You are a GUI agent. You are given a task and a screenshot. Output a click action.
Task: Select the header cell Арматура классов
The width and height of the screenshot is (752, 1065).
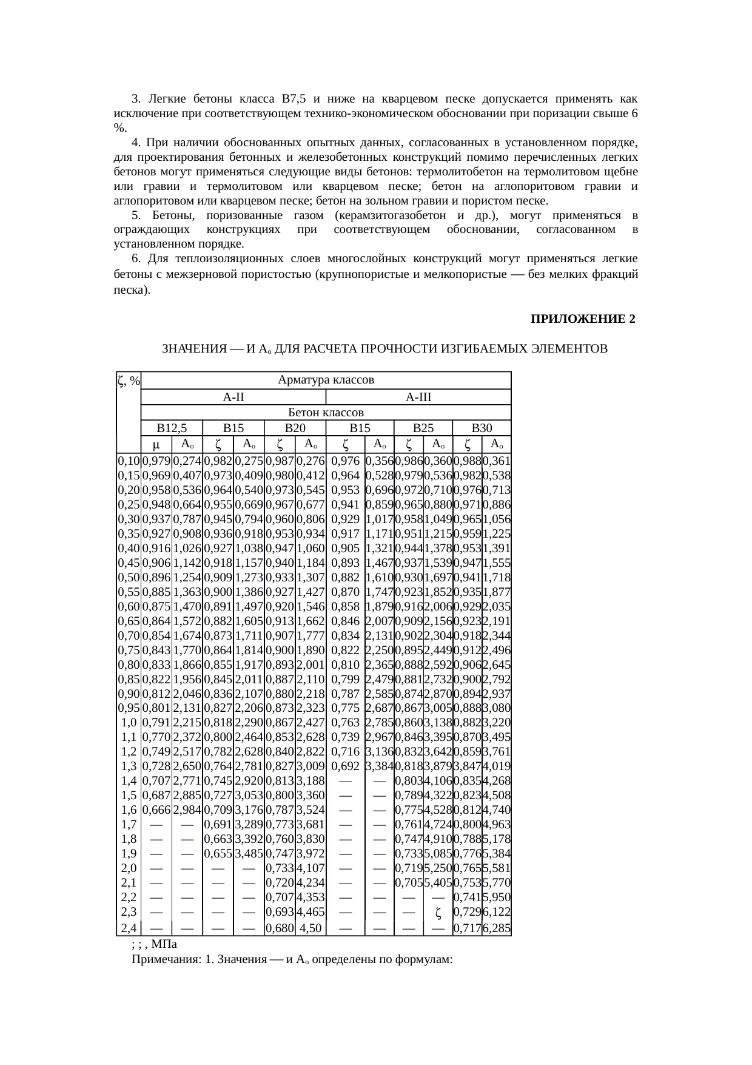pos(325,380)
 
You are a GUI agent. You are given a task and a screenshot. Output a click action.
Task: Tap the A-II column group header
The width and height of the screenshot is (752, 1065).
pos(233,397)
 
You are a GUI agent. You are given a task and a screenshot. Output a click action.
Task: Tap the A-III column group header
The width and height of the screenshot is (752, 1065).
pos(418,397)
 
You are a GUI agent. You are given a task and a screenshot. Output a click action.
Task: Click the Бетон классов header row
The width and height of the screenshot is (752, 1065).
pos(325,413)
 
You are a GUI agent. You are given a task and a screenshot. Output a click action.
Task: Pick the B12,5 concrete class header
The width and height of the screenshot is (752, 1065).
pos(170,428)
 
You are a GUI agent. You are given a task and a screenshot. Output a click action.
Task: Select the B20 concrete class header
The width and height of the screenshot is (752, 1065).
pos(295,428)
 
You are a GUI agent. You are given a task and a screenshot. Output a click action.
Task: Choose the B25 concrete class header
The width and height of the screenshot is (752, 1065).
pos(423,428)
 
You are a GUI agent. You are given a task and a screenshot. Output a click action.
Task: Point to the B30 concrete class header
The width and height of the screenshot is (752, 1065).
pos(482,428)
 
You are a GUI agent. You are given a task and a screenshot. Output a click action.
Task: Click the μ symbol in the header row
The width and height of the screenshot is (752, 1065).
pos(156,444)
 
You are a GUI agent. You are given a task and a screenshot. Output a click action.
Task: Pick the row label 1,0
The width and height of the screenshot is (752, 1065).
pos(129,723)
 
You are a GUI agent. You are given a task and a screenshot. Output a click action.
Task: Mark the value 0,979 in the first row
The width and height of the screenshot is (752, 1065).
pos(156,461)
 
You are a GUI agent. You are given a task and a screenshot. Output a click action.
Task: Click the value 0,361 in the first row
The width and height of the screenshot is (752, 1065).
pos(497,461)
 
